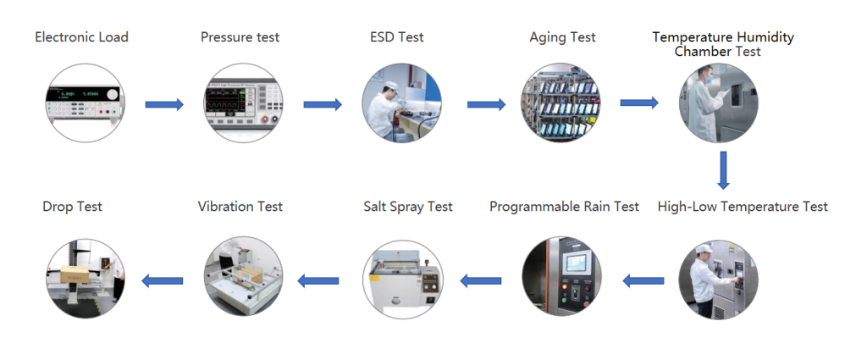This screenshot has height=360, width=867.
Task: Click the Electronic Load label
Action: (x=82, y=37)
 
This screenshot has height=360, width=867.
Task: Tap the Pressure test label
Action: (x=240, y=37)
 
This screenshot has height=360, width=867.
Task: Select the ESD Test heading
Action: (x=397, y=37)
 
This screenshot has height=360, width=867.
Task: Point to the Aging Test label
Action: (x=562, y=37)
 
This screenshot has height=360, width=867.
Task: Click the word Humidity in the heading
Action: (x=765, y=37)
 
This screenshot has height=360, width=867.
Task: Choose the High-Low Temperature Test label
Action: (x=743, y=207)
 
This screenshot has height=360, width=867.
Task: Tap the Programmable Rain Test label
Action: (x=564, y=207)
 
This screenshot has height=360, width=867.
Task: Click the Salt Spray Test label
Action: (x=408, y=207)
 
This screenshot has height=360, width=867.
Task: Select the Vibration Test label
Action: (x=240, y=207)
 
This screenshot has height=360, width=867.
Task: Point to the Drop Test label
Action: (x=73, y=207)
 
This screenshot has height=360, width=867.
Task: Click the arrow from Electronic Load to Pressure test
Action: (x=164, y=104)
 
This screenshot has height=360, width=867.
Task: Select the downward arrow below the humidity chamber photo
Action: (x=722, y=170)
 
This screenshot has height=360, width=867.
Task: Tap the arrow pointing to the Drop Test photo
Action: (x=162, y=281)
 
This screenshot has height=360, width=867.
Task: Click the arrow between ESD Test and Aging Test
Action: (x=487, y=104)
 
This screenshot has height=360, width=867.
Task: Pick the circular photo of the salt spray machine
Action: (x=402, y=279)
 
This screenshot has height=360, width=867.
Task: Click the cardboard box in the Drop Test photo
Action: (x=75, y=274)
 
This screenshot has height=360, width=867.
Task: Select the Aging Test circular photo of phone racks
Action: (x=561, y=102)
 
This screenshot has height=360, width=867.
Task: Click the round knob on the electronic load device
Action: (x=112, y=94)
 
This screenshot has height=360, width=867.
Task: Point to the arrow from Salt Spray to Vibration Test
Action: (x=318, y=281)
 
